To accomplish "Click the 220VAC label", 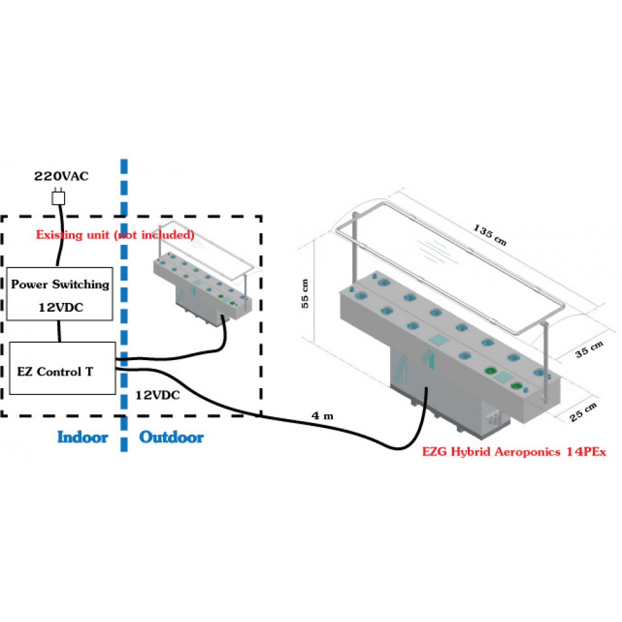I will [x=60, y=177].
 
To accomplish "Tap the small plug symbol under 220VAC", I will [x=58, y=198].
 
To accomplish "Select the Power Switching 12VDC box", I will [x=60, y=294].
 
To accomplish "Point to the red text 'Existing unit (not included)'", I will [x=115, y=235].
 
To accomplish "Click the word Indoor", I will [x=82, y=437].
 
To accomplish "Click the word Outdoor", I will [x=171, y=437].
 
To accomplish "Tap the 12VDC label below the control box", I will [x=158, y=395].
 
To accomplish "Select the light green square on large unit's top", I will [x=437, y=340].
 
